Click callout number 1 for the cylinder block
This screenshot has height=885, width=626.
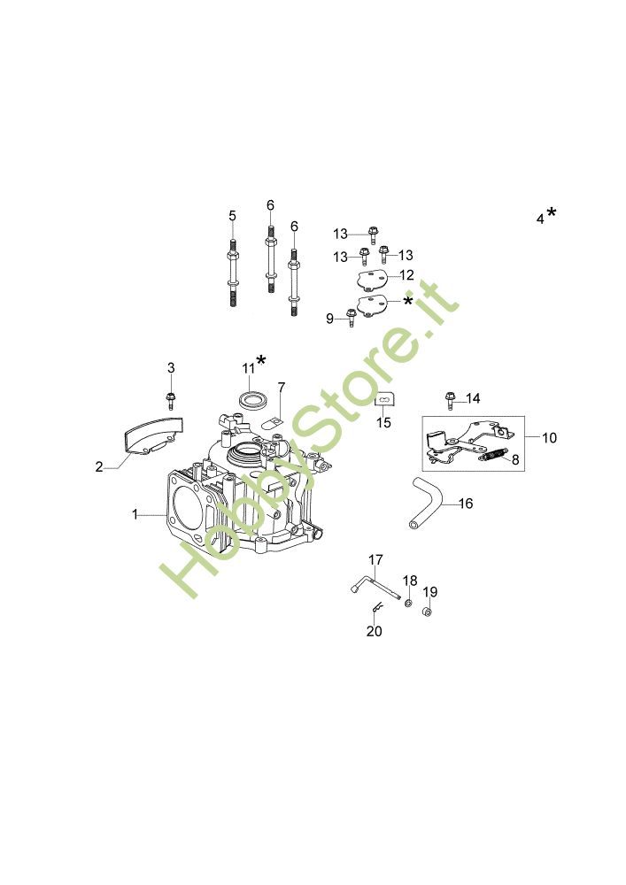[135, 514]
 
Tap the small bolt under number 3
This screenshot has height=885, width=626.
[171, 400]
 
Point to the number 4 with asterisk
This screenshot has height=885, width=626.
[545, 216]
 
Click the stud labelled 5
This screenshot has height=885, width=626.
[233, 273]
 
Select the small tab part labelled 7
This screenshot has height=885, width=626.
[274, 422]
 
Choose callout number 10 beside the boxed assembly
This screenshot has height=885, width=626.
[549, 437]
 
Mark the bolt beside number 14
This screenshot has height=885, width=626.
[451, 400]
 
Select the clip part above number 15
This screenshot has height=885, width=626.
[384, 400]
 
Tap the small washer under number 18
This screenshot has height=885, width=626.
[407, 604]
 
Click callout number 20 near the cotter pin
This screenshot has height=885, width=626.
[375, 631]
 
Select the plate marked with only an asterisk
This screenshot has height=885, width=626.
[373, 304]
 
